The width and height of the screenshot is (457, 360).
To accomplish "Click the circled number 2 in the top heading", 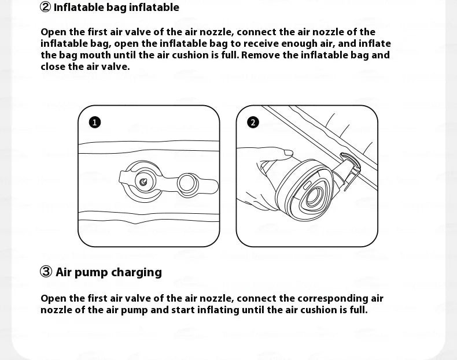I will [45, 8].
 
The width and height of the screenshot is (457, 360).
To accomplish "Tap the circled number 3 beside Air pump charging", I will [46, 272].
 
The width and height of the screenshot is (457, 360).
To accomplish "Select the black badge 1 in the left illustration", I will [95, 122].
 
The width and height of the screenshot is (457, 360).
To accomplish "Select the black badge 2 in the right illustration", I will [253, 122].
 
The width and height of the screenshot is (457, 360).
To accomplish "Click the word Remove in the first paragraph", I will [259, 55].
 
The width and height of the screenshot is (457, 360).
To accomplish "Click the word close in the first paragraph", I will [53, 66].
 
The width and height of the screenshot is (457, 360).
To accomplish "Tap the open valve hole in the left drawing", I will [143, 182].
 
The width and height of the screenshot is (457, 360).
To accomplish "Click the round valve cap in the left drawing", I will [187, 183].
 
